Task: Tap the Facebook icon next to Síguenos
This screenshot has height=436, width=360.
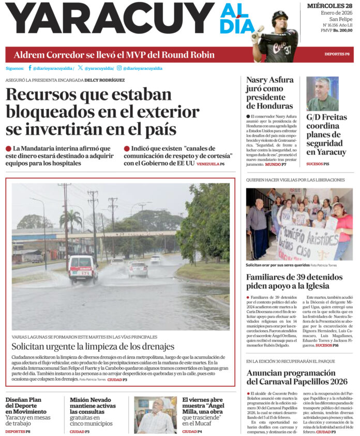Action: pyautogui.click(x=30, y=68)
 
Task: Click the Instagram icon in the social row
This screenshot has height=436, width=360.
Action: pyautogui.click(x=119, y=68)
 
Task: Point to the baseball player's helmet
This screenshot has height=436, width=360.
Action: pyautogui.click(x=280, y=19)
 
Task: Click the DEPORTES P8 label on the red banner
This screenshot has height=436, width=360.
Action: pyautogui.click(x=337, y=54)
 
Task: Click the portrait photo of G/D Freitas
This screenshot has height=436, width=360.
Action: pyautogui.click(x=323, y=94)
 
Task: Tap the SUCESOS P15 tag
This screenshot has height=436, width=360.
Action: pyautogui.click(x=318, y=164)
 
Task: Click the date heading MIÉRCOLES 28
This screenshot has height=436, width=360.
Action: pyautogui.click(x=329, y=6)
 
